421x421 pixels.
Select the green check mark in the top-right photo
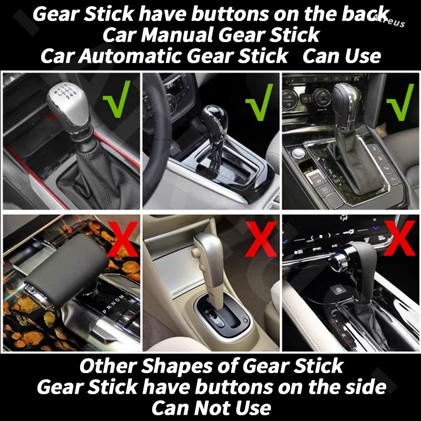click(x=400, y=102)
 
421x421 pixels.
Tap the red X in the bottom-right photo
click(x=399, y=238)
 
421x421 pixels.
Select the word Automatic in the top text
click(x=129, y=56)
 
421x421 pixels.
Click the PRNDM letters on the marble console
click(x=114, y=304)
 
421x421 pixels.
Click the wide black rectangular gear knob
click(x=63, y=270)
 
